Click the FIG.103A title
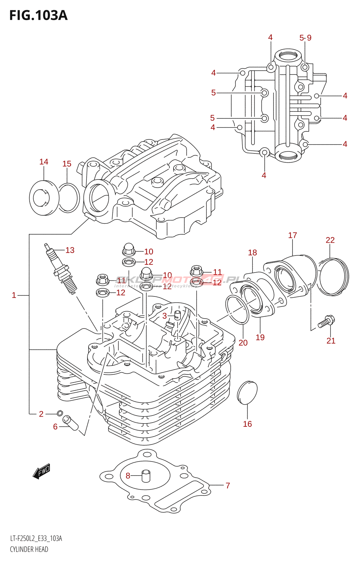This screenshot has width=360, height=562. (38, 16)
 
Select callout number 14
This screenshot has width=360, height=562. (44, 162)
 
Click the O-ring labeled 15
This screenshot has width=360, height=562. (69, 198)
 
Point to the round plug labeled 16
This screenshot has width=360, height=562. (247, 392)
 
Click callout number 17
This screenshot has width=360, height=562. (292, 235)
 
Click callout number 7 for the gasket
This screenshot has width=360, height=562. (228, 485)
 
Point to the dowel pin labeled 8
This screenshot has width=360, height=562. (146, 476)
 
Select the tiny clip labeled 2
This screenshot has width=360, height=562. (60, 413)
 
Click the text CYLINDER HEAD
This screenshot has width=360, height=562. (29, 549)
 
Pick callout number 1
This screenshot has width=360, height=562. (14, 295)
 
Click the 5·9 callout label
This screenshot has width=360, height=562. (305, 38)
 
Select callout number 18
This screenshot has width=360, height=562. (252, 253)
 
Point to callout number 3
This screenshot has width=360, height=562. (165, 316)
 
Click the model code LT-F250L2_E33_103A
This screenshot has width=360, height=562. (36, 539)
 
